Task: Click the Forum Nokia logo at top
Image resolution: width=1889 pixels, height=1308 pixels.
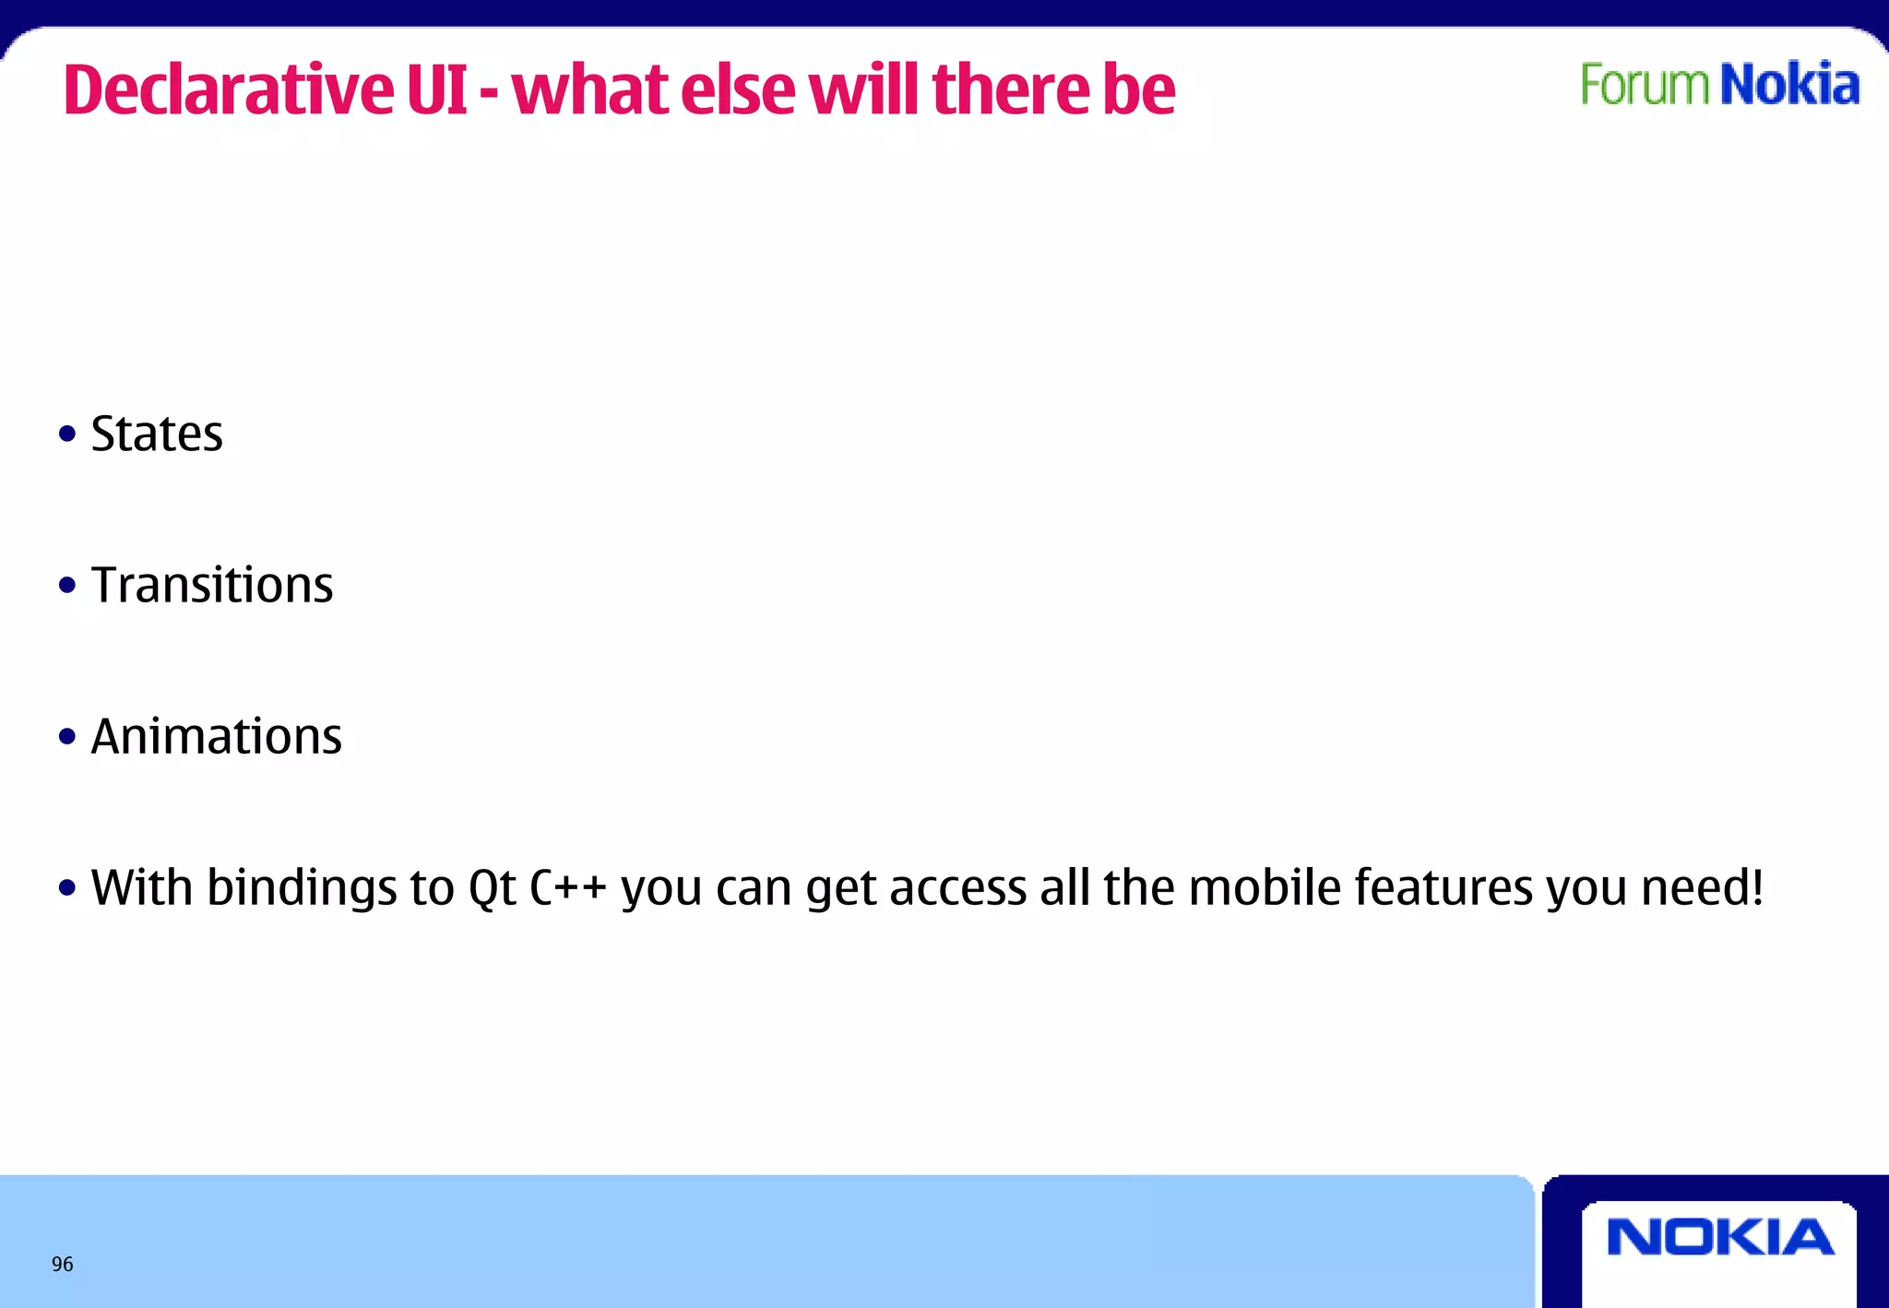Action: [1719, 85]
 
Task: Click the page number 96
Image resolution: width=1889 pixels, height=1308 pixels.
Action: [62, 1265]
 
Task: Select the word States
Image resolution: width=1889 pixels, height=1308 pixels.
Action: [157, 434]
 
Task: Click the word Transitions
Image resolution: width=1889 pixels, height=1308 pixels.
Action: [212, 585]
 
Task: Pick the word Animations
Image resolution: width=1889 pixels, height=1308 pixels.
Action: [217, 736]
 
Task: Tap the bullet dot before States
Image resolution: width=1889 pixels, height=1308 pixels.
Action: [66, 434]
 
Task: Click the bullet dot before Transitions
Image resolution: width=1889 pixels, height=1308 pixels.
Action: [66, 585]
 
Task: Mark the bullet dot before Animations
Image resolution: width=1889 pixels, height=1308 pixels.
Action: [66, 736]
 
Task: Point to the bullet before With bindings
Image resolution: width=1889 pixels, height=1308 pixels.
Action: [66, 887]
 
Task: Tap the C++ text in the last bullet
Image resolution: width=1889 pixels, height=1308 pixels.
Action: [568, 887]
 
